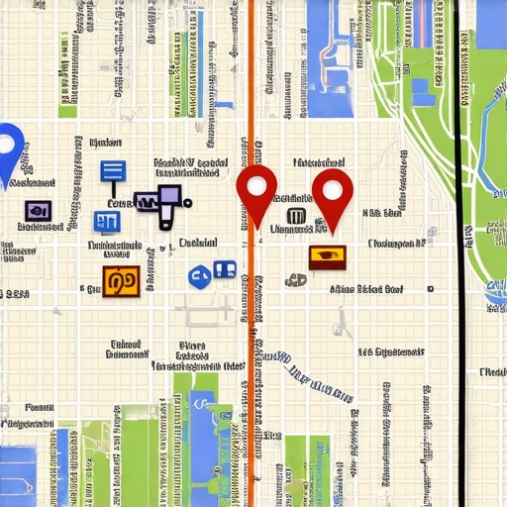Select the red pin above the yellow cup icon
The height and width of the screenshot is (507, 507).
(333, 194)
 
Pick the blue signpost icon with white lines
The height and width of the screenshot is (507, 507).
(112, 172)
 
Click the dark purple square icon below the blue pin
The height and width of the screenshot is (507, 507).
(39, 210)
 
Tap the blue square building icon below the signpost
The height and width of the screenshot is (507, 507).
(106, 221)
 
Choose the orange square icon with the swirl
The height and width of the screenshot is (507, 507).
(118, 281)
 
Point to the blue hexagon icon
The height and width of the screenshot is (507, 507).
(198, 276)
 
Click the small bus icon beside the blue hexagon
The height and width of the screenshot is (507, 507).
(224, 268)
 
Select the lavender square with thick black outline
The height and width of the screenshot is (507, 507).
(169, 196)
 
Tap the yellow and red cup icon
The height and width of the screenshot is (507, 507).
(327, 257)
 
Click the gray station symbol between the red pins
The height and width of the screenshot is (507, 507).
(295, 216)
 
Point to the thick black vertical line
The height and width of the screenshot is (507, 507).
(457, 248)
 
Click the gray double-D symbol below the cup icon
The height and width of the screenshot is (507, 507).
(295, 280)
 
